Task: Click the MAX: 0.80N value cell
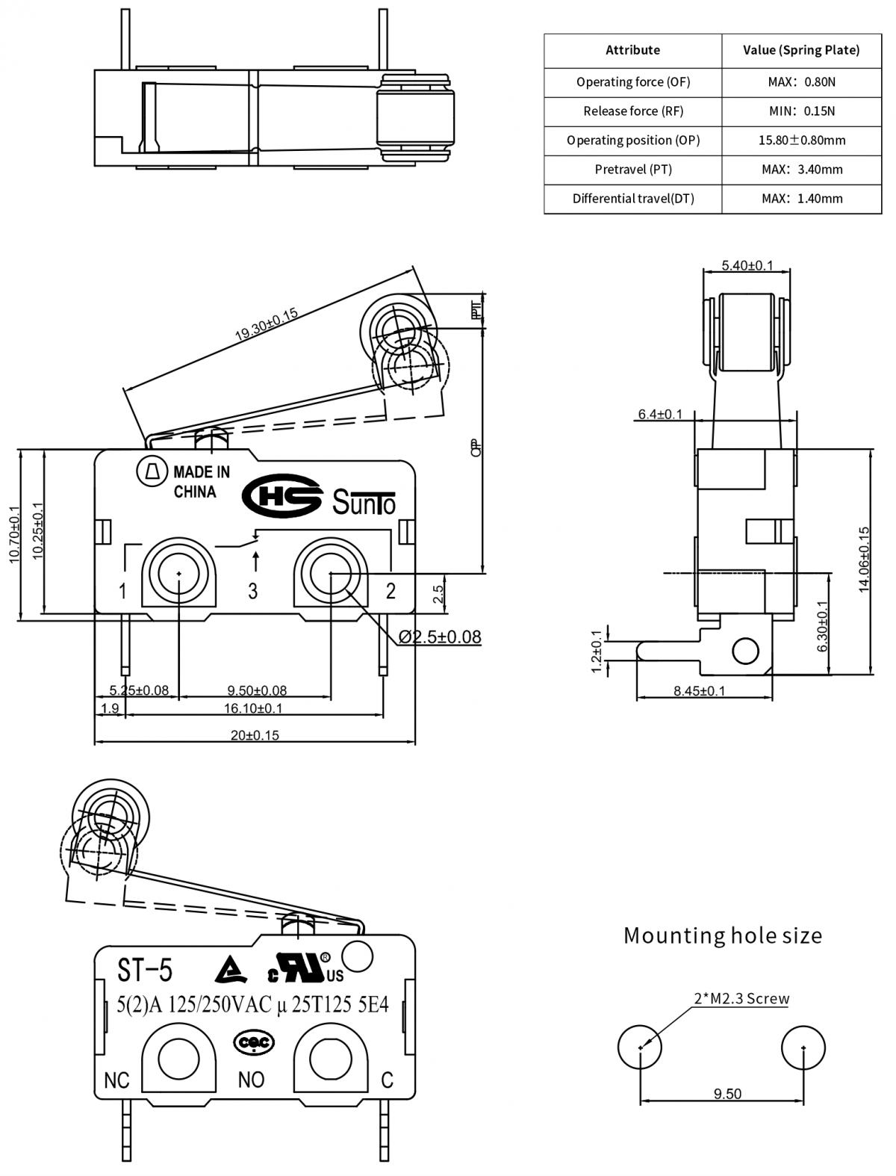click(x=801, y=82)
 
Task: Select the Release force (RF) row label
click(x=632, y=111)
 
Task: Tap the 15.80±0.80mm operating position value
click(x=801, y=140)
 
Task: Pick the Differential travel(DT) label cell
click(x=632, y=199)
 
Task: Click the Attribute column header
click(x=632, y=50)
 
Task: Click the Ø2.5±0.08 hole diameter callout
click(x=440, y=637)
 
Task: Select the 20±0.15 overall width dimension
click(x=255, y=735)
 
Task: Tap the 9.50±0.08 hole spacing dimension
click(x=257, y=690)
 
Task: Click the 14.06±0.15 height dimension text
click(x=864, y=560)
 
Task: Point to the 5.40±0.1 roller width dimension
click(x=747, y=265)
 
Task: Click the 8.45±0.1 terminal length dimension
click(x=699, y=691)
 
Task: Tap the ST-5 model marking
click(x=145, y=970)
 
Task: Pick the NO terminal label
click(x=251, y=1080)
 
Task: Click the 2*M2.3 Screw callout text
click(x=741, y=998)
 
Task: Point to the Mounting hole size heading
click(x=722, y=935)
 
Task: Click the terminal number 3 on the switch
click(x=253, y=591)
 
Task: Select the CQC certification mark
click(x=255, y=1042)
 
